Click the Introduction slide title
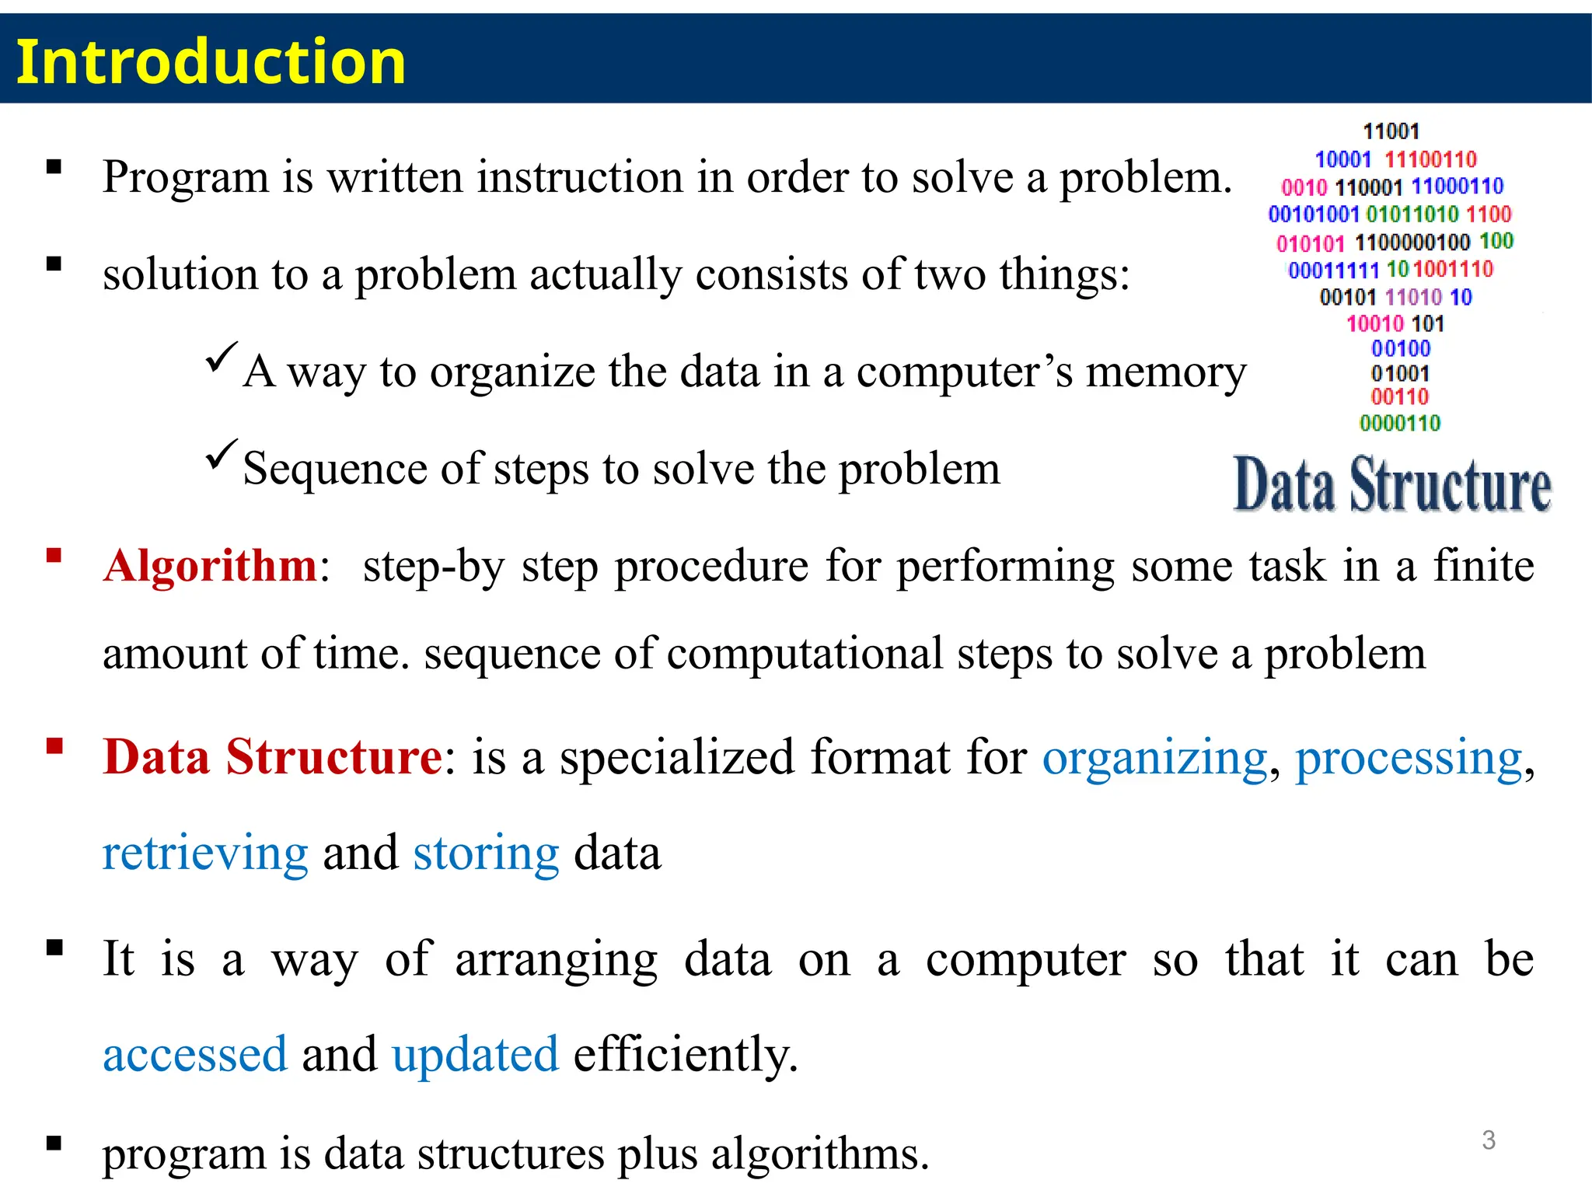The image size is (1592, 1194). (211, 62)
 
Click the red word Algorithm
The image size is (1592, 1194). (210, 565)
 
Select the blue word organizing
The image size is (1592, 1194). (1154, 758)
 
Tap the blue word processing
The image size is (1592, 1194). (1408, 758)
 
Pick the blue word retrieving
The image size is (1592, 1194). (205, 854)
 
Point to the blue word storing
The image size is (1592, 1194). (486, 854)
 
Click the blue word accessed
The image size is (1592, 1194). (195, 1055)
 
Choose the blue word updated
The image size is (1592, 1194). (475, 1055)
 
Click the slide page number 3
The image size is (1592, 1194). (1488, 1140)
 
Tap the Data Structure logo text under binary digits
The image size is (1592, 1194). (1391, 486)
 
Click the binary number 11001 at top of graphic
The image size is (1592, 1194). (1391, 131)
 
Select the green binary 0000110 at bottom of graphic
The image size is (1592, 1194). (1399, 423)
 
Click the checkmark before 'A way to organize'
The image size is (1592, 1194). (221, 357)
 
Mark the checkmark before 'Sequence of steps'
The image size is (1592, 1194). (221, 454)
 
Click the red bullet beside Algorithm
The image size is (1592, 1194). (54, 555)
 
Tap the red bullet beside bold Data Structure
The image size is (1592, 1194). (54, 747)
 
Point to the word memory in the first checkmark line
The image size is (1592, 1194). (1165, 372)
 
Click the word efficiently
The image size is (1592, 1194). (685, 1055)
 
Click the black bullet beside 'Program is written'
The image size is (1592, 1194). (54, 167)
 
